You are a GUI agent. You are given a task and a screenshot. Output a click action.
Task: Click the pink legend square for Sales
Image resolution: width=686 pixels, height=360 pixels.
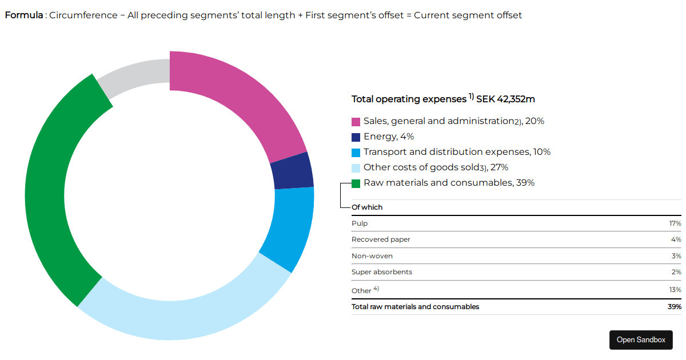(356, 122)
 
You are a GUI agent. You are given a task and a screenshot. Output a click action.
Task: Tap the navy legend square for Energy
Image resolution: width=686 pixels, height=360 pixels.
(356, 137)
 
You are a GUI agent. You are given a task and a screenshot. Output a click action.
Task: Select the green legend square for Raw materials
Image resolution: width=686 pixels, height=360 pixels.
(356, 183)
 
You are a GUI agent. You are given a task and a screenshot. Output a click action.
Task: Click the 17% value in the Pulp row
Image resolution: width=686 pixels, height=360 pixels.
(675, 223)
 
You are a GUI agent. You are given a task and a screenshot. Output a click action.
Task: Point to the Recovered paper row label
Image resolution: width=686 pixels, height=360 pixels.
(381, 239)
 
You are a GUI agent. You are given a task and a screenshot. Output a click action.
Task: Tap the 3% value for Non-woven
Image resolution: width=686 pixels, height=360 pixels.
(676, 256)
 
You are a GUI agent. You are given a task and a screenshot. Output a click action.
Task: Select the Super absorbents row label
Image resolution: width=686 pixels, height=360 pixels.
(381, 272)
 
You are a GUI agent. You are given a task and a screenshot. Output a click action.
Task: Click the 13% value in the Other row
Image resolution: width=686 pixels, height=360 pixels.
(675, 290)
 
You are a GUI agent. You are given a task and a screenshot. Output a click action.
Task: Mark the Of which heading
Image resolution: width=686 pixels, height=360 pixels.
(367, 207)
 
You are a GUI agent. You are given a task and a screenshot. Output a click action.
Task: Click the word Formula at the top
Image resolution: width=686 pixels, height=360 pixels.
(23, 15)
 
